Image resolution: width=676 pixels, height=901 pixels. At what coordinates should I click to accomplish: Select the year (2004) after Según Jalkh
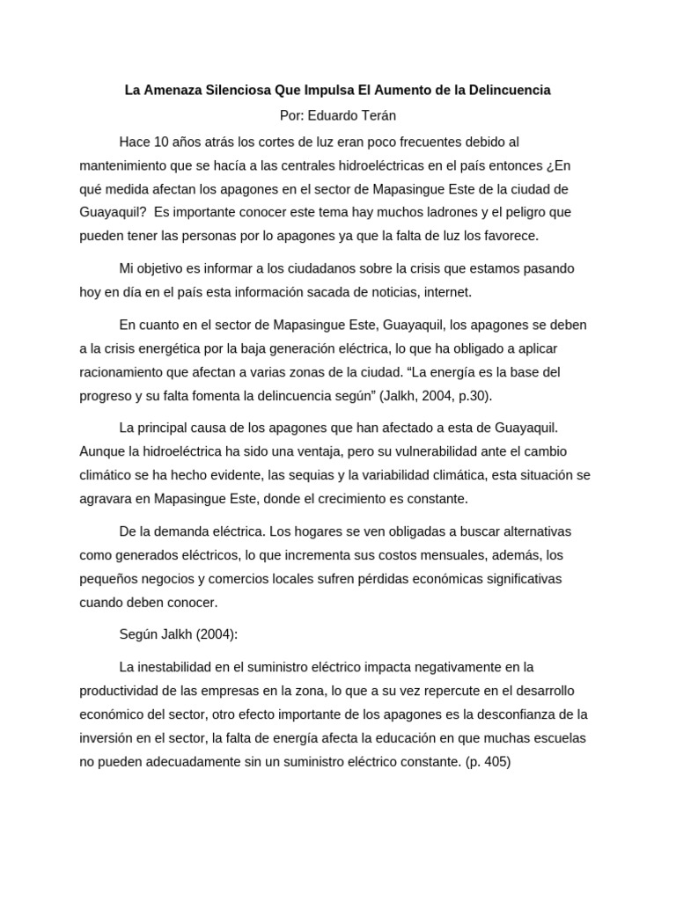tap(215, 634)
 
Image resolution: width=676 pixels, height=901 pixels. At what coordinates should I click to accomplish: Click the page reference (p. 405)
tap(488, 761)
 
